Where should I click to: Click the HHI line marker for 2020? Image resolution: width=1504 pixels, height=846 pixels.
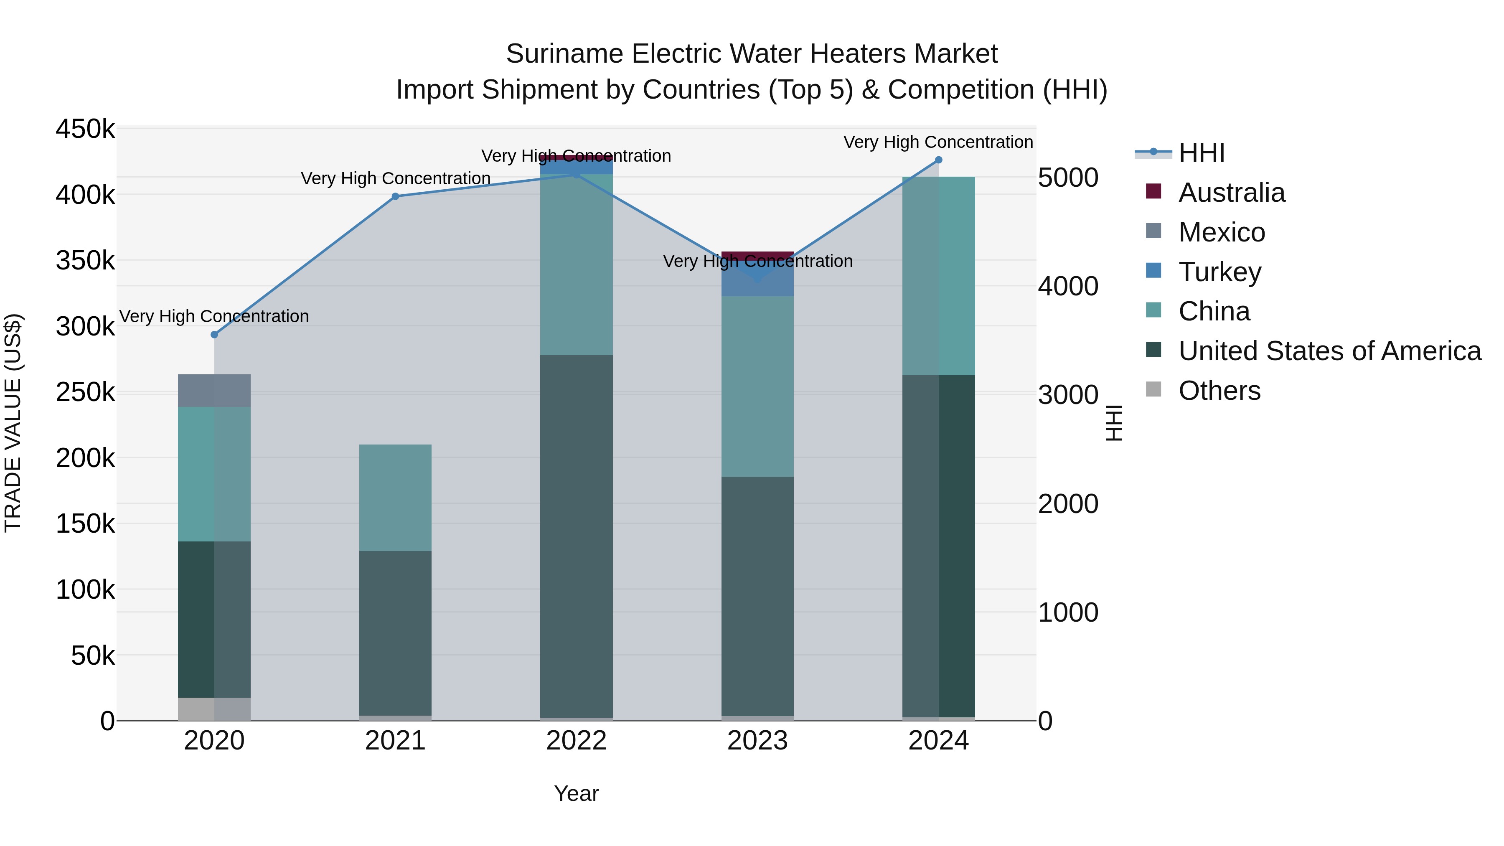(x=214, y=335)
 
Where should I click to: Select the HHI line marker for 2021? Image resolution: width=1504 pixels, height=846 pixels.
(x=395, y=196)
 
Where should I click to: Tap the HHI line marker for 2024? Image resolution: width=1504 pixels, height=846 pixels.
(x=939, y=160)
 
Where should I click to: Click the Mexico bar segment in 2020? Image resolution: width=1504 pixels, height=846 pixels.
(x=214, y=391)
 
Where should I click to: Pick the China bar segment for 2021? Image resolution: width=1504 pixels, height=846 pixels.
(x=395, y=498)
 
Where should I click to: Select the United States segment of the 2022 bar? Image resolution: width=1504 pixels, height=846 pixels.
(x=576, y=536)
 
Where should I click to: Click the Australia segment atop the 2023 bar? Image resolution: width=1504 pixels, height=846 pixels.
(x=757, y=255)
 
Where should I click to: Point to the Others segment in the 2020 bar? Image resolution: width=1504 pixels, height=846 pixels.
(x=214, y=709)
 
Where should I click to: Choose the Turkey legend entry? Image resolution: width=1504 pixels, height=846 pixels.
(x=1219, y=272)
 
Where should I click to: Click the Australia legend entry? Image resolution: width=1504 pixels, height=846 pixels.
(x=1231, y=193)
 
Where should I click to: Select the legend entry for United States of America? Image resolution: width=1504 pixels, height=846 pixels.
(x=1329, y=351)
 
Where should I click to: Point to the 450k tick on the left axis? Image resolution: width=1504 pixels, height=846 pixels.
(x=85, y=129)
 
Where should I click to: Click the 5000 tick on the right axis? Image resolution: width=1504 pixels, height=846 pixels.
(x=1068, y=178)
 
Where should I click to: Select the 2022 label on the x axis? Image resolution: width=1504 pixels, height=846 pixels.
(x=576, y=741)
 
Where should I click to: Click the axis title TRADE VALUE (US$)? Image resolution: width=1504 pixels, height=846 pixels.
(x=13, y=423)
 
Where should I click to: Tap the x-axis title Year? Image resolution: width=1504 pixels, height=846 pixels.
(x=576, y=793)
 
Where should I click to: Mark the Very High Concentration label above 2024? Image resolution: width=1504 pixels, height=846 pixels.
(x=938, y=142)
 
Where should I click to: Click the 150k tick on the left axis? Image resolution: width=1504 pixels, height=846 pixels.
(x=85, y=524)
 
